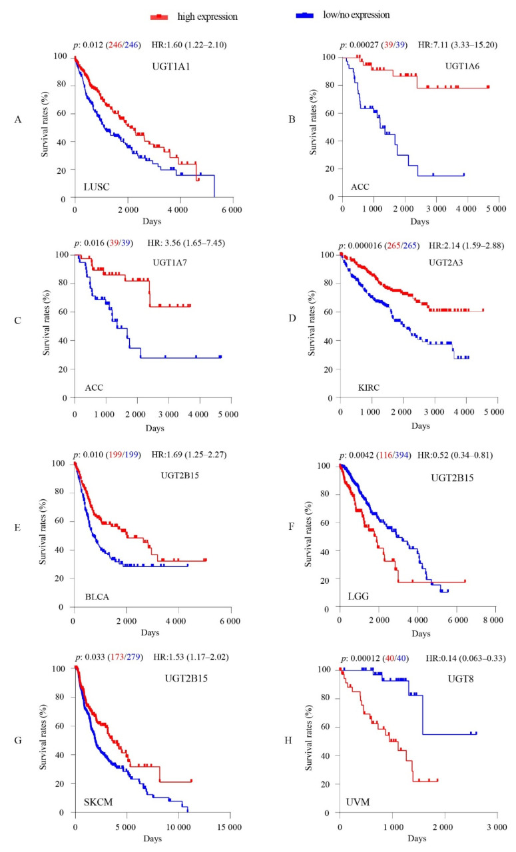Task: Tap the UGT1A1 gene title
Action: coord(169,68)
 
